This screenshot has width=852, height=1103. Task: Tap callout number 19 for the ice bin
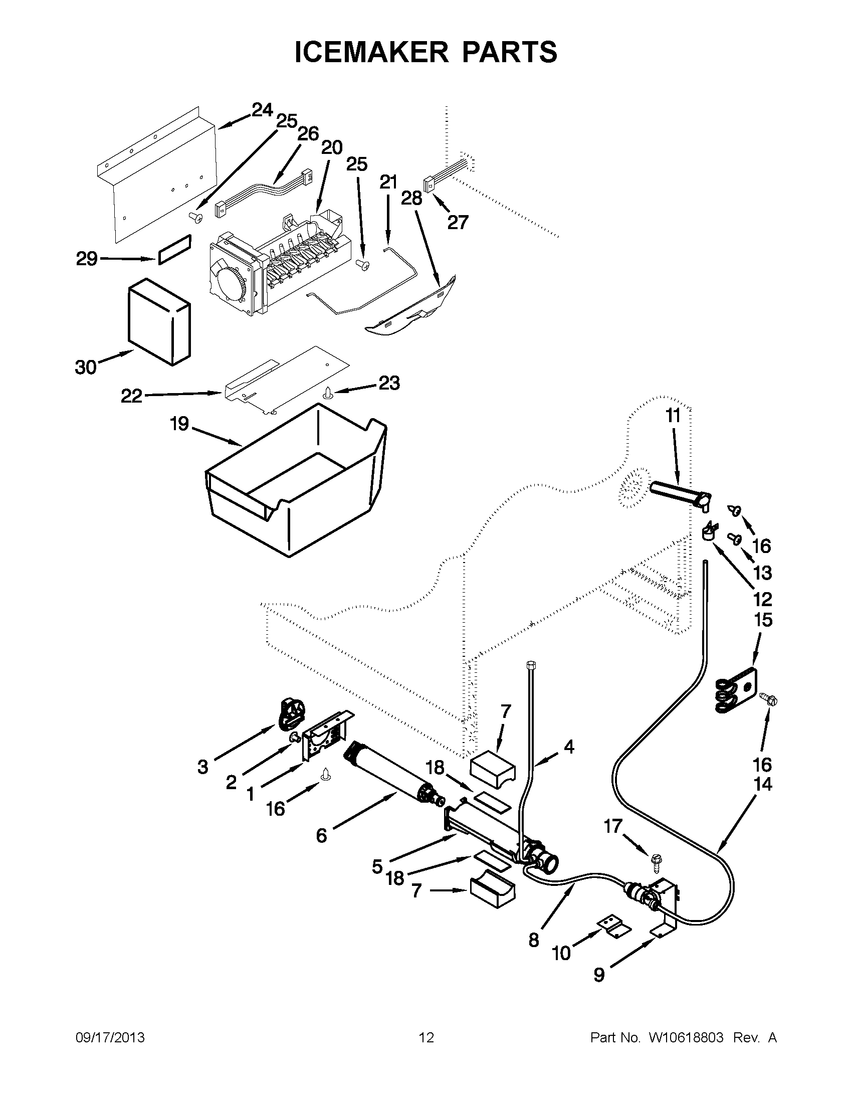coord(179,423)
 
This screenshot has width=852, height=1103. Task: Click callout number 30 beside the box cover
coord(86,367)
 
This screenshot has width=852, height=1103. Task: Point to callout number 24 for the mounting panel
coord(262,110)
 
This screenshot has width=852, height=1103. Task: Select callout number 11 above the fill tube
coord(673,416)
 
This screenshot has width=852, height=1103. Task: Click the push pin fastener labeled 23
coord(328,393)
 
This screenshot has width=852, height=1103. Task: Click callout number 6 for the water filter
coord(322,835)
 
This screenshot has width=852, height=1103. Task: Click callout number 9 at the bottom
coord(598,974)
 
